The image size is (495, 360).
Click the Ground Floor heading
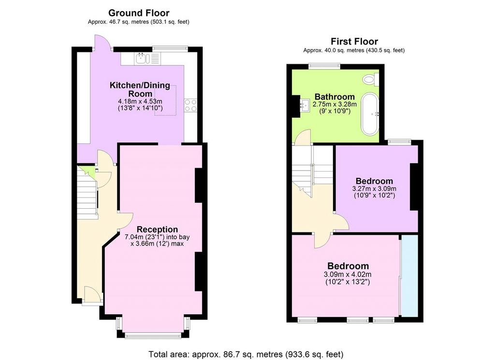tap(139, 13)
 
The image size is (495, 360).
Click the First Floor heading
tap(354, 42)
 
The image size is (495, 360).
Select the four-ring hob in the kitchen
tap(190, 105)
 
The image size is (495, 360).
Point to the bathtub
tap(370, 114)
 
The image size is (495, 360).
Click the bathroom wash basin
tap(305, 104)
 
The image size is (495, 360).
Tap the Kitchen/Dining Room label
tap(140, 89)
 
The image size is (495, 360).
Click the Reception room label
tap(157, 230)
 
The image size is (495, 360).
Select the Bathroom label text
tap(335, 97)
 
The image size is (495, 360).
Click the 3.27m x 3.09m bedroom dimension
tap(374, 188)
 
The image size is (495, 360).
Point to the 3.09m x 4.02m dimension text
tap(347, 274)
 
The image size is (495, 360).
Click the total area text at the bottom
tap(246, 354)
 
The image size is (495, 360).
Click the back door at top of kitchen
tap(102, 42)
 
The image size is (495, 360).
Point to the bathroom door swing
tap(303, 137)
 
